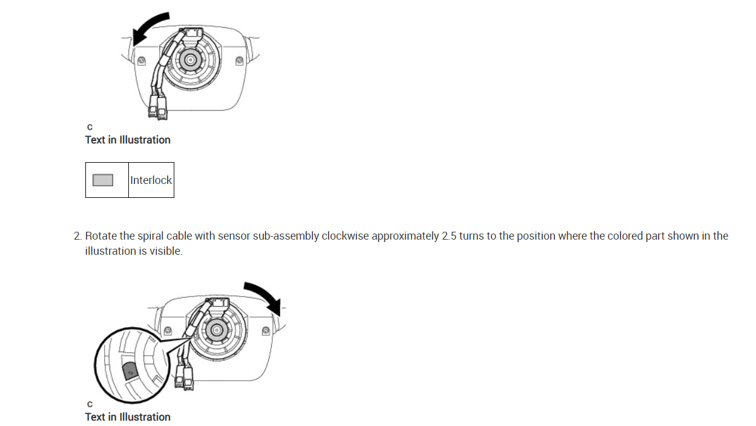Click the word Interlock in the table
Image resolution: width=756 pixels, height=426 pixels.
coord(151,180)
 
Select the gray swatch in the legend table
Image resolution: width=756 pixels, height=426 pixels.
coord(103,180)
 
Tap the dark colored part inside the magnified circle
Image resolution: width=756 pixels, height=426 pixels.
coord(129,370)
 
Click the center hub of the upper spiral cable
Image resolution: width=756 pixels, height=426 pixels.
coord(191,60)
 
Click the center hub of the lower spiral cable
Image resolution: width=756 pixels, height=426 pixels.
coord(216,330)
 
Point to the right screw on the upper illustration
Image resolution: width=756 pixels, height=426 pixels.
coord(240,61)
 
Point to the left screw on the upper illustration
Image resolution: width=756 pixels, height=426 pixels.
coord(142,61)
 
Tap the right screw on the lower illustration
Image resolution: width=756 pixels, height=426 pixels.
coord(266,330)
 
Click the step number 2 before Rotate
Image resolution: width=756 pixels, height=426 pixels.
coord(77,236)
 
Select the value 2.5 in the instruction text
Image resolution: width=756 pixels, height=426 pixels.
coord(449,236)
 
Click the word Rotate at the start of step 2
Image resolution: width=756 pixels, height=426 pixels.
coord(100,236)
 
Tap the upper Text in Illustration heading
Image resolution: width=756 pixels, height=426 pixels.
coord(128,140)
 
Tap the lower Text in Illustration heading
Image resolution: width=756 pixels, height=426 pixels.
coord(128,417)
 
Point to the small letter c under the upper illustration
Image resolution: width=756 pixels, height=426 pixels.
coord(90,127)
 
